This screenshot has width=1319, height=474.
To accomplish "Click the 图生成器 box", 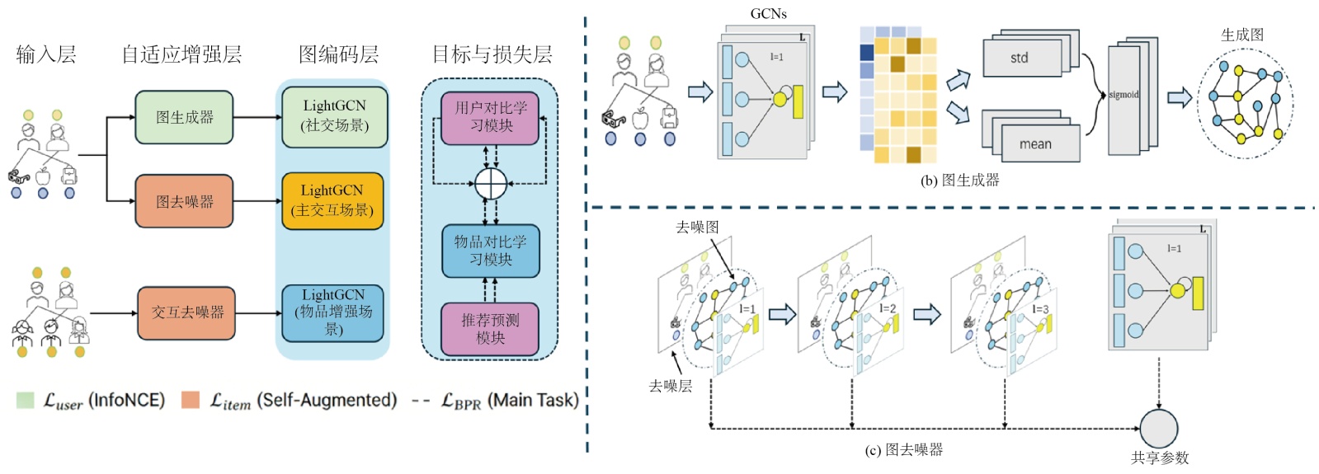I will tap(184, 117).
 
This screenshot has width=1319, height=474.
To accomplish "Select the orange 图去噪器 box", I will tap(184, 201).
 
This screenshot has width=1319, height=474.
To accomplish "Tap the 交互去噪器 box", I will tap(186, 312).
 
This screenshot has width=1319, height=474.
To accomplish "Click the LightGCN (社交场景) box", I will tap(334, 116).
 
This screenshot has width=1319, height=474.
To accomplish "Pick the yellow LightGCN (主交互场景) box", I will tap(332, 200).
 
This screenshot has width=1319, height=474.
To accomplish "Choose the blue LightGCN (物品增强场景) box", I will tap(332, 312).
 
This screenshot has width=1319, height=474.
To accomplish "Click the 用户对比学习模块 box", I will tap(490, 117).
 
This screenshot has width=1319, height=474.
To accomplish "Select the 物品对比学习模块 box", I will tap(490, 251).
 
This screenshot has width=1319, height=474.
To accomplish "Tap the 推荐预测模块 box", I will tap(490, 329).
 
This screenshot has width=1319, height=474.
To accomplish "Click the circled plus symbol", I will tap(490, 183).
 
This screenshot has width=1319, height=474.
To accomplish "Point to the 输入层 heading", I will tap(46, 54).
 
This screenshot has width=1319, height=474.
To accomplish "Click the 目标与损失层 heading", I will tap(492, 54).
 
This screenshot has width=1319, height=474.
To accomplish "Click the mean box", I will tap(1034, 143).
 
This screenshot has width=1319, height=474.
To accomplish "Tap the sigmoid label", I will tap(1124, 95).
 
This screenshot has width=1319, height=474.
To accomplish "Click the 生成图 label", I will tap(1241, 35).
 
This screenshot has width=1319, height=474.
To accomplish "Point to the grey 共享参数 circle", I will tap(1158, 428).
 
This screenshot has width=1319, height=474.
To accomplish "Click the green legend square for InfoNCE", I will tap(26, 401).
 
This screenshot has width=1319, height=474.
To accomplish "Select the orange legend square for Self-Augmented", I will tap(191, 401).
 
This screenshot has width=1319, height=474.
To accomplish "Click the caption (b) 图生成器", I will tap(959, 180).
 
